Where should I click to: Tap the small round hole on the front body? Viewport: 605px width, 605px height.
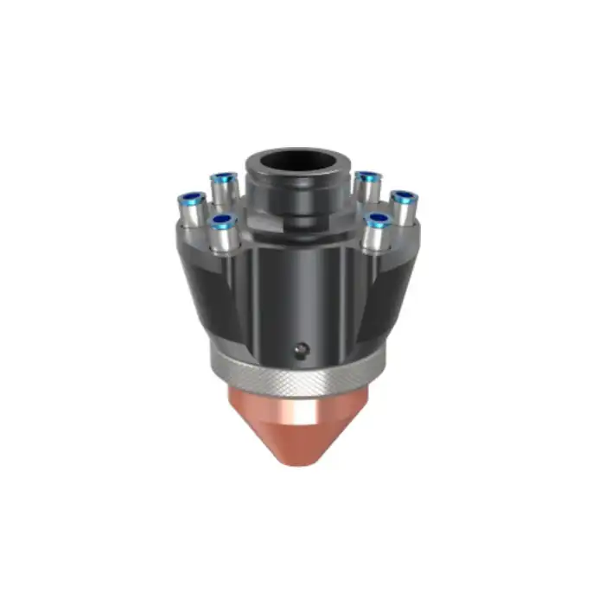click(300, 350)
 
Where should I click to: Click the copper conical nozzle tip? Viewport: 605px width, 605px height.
click(298, 428)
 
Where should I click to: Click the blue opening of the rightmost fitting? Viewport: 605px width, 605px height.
click(404, 198)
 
